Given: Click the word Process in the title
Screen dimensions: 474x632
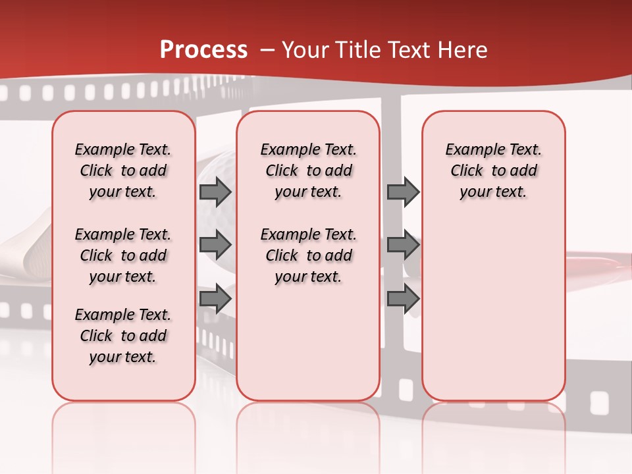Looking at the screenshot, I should click(203, 50).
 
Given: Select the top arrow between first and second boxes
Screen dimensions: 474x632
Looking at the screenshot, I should click(215, 192).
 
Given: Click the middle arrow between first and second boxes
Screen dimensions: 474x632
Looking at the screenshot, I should click(215, 246).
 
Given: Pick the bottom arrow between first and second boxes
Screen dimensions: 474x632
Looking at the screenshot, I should click(215, 300).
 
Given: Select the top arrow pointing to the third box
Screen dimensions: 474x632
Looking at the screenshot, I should click(403, 192).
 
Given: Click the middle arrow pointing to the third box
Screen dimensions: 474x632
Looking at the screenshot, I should click(403, 246).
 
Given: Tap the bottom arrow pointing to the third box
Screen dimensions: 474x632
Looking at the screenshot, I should click(403, 300).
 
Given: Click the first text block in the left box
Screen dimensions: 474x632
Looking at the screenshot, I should click(123, 171).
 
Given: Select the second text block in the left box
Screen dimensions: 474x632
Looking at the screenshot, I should click(123, 255).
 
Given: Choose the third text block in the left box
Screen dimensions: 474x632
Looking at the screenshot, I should click(123, 336).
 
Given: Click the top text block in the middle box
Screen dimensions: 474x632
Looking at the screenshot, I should click(308, 171).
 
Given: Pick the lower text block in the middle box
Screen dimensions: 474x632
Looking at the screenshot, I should click(308, 255).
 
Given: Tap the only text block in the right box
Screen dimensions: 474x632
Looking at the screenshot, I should click(493, 171).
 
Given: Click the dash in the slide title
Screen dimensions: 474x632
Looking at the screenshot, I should click(267, 50).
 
